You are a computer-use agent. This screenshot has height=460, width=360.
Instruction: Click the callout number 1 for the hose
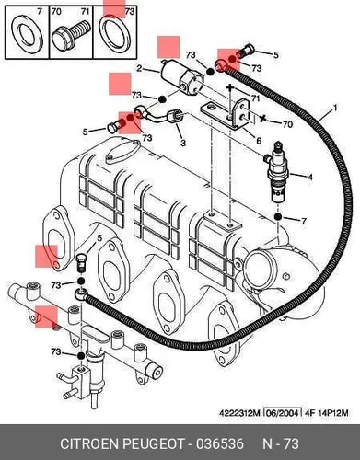[335, 108]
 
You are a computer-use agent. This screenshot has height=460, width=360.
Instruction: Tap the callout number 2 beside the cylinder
[139, 68]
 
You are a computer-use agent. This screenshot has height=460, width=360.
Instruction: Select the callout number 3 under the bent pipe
[183, 143]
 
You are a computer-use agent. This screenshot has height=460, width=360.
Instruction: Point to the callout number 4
[310, 177]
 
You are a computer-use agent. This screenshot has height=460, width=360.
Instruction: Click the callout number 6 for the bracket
[259, 141]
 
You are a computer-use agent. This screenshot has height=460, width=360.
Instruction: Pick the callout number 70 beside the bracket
[287, 124]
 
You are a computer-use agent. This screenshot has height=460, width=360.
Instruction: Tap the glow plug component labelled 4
[278, 172]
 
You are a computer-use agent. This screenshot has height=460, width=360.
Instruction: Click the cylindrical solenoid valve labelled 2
[181, 77]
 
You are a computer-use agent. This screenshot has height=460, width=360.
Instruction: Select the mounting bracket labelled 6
[226, 116]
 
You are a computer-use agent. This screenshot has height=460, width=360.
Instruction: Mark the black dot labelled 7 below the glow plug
[278, 217]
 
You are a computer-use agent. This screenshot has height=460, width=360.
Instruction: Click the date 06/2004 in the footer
[282, 413]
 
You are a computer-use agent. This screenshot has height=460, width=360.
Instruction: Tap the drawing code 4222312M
[239, 413]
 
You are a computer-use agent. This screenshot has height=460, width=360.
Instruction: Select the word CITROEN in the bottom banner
[90, 443]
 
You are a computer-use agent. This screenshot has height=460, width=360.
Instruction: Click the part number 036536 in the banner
[220, 443]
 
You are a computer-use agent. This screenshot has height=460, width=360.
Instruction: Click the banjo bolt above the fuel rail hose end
[80, 262]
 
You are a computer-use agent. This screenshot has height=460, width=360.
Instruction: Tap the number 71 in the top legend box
[85, 12]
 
